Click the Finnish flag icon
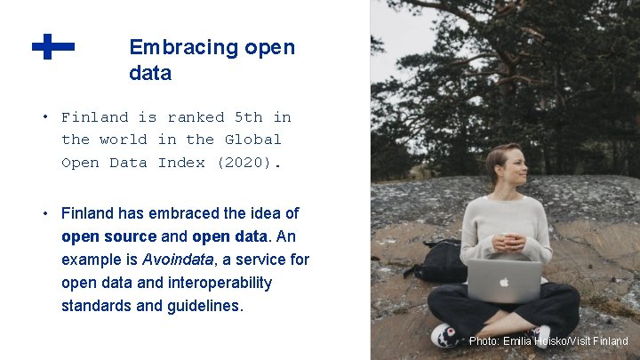click(52, 46)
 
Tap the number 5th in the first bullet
click(248, 117)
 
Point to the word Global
click(252, 140)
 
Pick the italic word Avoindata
click(178, 260)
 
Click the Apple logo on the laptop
click(504, 281)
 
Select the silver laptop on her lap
click(504, 281)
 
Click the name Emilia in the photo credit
click(517, 341)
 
